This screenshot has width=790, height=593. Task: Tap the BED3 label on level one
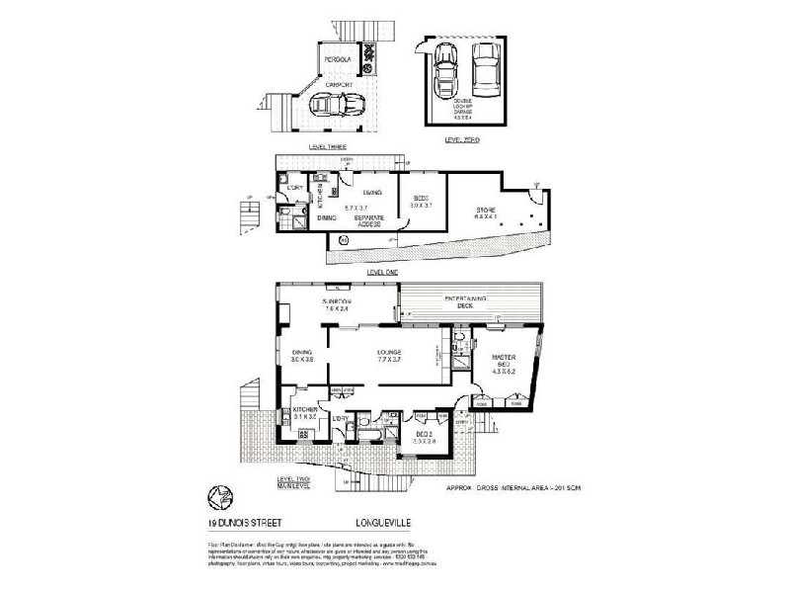(x=421, y=202)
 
